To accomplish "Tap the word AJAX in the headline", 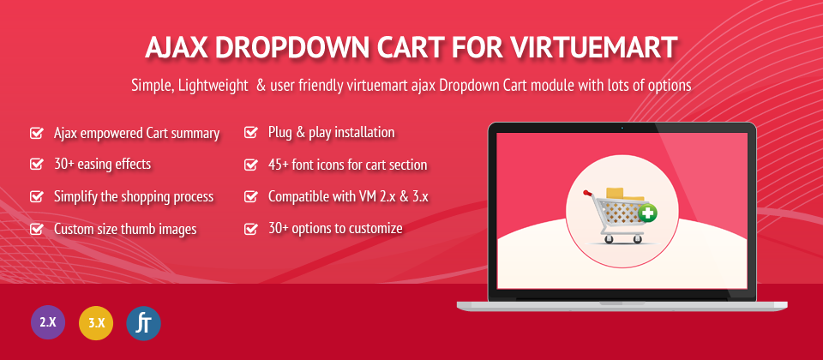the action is click(x=177, y=48).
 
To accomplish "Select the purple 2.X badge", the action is click(x=48, y=322).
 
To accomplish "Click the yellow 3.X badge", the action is click(x=96, y=323).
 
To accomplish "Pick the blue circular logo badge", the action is click(x=143, y=323).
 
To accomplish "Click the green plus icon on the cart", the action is click(x=649, y=213).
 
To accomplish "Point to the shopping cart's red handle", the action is click(x=587, y=193).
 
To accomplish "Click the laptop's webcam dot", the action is click(x=622, y=128).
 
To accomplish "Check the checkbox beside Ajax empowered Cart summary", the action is click(x=36, y=133).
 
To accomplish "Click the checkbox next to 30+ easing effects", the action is click(x=36, y=165).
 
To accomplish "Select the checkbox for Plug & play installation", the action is click(x=251, y=132).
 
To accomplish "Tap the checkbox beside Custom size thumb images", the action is click(x=36, y=229).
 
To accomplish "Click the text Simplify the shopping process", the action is click(x=134, y=197).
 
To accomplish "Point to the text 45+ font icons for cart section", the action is click(x=347, y=165).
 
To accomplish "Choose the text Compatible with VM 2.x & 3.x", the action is click(x=349, y=197).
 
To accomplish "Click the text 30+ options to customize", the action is click(x=335, y=228).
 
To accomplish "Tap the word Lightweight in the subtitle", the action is click(x=213, y=86).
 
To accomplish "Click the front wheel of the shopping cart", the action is click(x=609, y=239).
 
